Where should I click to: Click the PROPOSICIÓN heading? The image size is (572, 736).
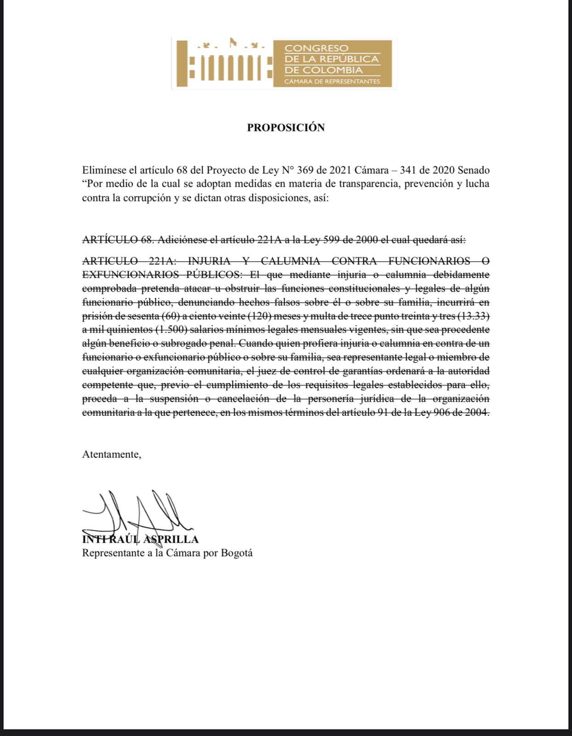pos(286,127)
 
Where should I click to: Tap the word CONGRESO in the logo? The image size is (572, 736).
pos(316,48)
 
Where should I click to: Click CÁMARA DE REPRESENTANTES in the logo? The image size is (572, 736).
pos(332,81)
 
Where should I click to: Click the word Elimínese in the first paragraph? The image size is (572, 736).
pos(104,170)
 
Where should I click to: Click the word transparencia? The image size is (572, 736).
pos(368,184)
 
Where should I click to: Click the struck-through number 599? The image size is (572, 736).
pos(332,240)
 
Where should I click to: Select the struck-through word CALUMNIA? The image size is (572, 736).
pos(290,261)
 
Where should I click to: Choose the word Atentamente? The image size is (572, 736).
pos(111,454)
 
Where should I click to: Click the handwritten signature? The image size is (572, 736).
pos(138,513)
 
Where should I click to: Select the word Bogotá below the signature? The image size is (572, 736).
pos(237,553)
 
